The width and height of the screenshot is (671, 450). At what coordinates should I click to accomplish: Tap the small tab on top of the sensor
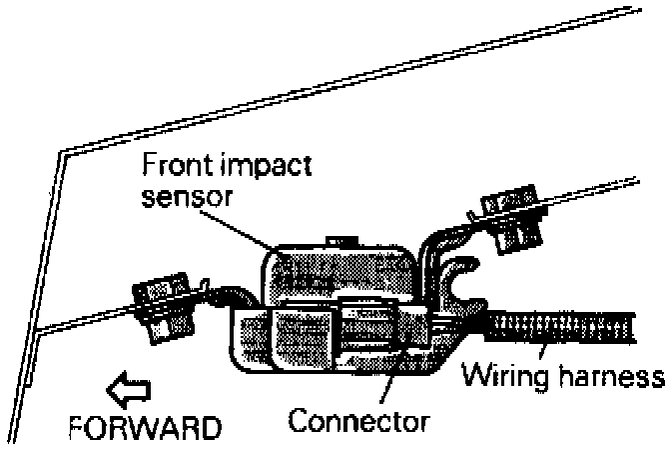pos(339,240)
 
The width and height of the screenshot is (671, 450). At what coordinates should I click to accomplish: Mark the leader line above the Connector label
pos(383,385)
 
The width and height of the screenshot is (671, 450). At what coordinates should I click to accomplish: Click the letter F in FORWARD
pos(79,428)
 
